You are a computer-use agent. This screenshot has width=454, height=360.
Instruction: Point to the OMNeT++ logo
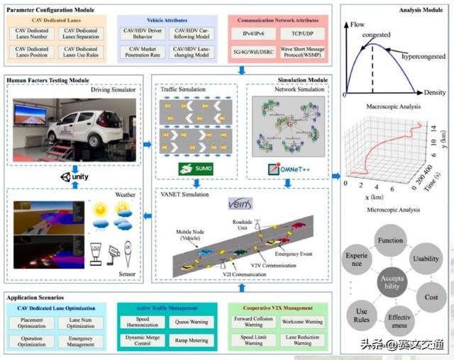click(x=289, y=169)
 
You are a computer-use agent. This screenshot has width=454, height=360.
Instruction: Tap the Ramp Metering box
click(x=192, y=340)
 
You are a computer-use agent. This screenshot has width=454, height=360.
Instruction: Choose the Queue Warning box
click(x=192, y=322)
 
